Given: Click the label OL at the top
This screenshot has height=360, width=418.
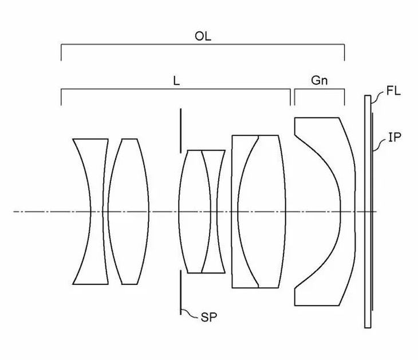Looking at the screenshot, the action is [x=203, y=36].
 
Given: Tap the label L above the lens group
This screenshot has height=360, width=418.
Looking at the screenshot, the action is [x=176, y=81].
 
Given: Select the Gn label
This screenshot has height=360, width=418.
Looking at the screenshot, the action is [x=319, y=80].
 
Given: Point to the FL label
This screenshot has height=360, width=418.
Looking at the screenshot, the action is [x=393, y=91].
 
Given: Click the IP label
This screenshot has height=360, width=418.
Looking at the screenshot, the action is [x=395, y=137].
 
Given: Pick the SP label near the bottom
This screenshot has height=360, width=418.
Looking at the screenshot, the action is [x=209, y=318].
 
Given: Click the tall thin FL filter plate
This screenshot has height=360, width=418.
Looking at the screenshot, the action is [x=368, y=212].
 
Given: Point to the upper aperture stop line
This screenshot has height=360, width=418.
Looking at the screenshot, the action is [x=181, y=131].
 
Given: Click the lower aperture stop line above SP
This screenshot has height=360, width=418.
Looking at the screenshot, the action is [x=181, y=292].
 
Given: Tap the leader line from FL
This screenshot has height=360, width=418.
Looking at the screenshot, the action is [x=378, y=99].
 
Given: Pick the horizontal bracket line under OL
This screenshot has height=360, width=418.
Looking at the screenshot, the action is [x=203, y=45].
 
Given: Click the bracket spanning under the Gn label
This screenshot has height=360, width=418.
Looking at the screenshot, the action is [x=320, y=89].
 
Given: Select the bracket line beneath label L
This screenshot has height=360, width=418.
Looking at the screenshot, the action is [x=176, y=89].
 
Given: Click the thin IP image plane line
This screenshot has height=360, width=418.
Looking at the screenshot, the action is [x=372, y=212].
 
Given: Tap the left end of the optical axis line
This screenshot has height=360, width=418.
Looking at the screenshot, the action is [x=13, y=212].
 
